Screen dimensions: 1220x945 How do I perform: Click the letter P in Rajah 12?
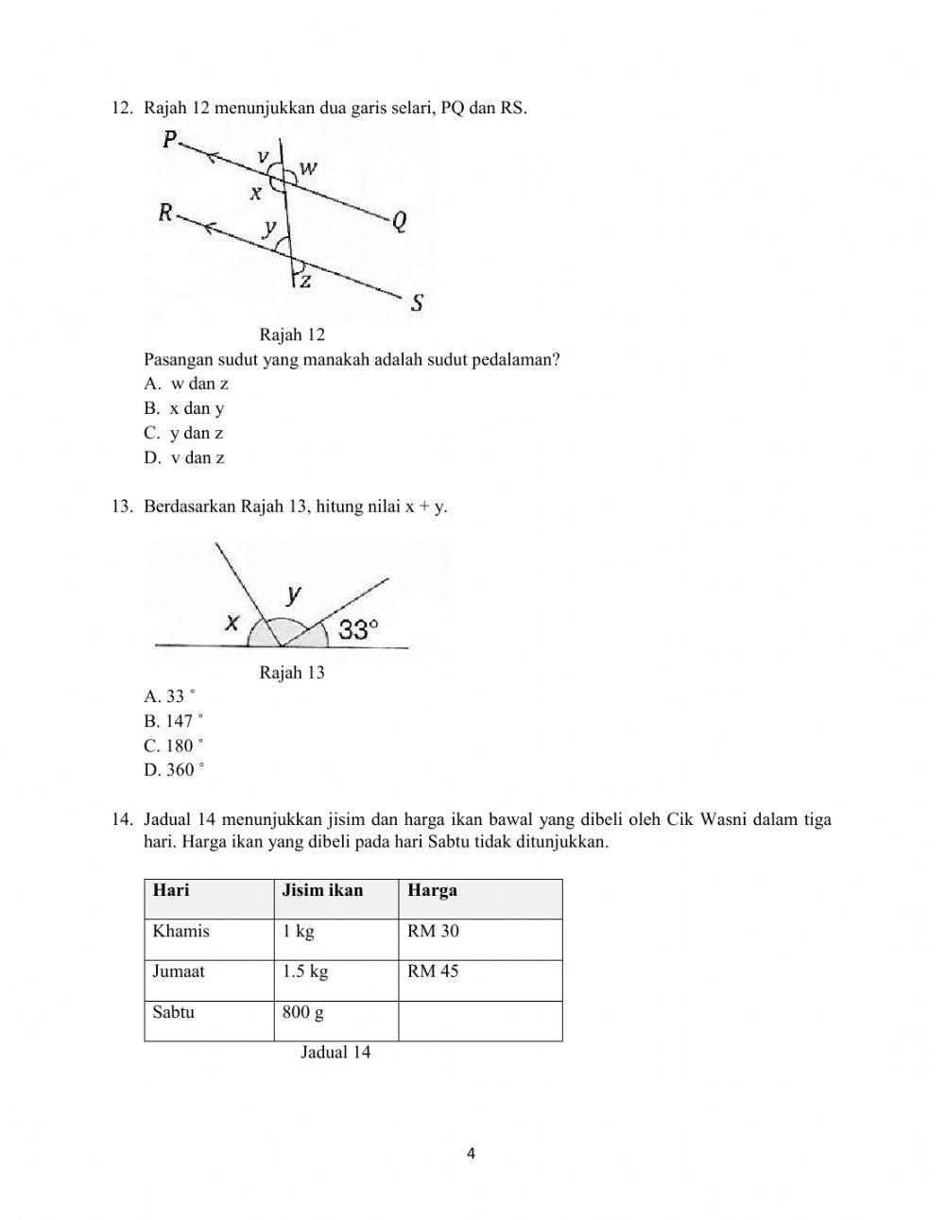click(170, 141)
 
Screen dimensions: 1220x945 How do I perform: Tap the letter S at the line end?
click(417, 302)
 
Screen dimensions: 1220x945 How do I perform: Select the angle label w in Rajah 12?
click(308, 169)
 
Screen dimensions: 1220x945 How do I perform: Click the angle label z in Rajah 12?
click(305, 281)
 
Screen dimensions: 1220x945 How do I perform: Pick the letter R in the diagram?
click(166, 214)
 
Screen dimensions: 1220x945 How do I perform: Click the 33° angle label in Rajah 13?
click(358, 629)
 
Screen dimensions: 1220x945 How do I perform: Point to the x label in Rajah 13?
click(232, 622)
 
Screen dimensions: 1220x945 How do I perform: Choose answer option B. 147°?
click(174, 720)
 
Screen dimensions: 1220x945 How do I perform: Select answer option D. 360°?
click(174, 769)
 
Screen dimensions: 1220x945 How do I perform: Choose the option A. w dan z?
click(186, 384)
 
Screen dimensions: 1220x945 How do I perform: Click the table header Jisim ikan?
click(322, 890)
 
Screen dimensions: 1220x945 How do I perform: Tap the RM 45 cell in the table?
click(433, 971)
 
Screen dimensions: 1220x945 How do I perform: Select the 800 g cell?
click(302, 1012)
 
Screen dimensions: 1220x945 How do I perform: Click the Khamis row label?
click(180, 931)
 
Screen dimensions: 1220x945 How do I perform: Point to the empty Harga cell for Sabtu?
click(479, 1021)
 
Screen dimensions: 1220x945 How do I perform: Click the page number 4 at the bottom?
click(472, 1153)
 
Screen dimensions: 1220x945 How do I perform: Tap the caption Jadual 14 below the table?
click(335, 1053)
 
